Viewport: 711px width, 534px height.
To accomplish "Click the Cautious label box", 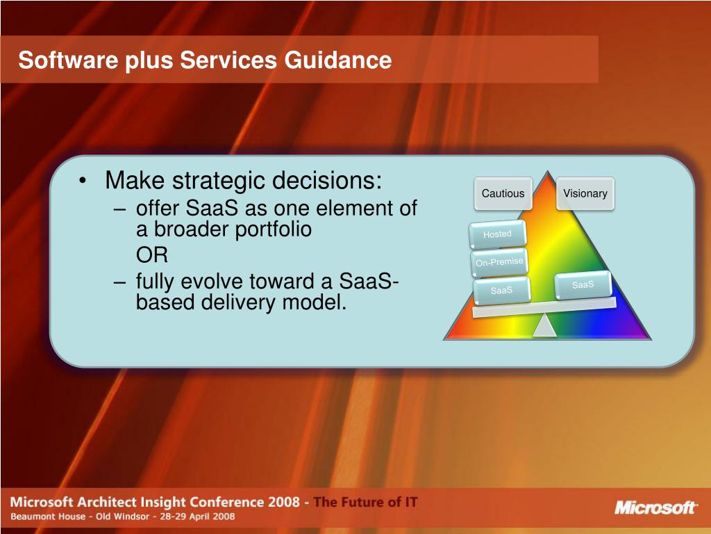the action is pyautogui.click(x=503, y=193).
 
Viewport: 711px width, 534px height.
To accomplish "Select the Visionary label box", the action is pyautogui.click(x=585, y=193).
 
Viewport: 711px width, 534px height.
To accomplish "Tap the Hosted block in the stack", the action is pyautogui.click(x=497, y=234).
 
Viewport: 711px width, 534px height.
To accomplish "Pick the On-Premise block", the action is pyautogui.click(x=499, y=262).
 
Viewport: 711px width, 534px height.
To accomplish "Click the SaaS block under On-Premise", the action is pyautogui.click(x=501, y=290).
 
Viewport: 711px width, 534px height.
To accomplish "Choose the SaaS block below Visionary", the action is pyautogui.click(x=583, y=284).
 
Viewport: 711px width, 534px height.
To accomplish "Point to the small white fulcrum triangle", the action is pyautogui.click(x=544, y=325).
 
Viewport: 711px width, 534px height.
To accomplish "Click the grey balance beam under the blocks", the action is pyautogui.click(x=544, y=308).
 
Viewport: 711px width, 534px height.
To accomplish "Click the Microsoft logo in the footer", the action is pyautogui.click(x=655, y=507).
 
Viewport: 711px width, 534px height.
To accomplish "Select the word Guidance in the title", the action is pyautogui.click(x=338, y=60).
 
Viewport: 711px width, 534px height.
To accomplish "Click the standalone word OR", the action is pyautogui.click(x=152, y=254).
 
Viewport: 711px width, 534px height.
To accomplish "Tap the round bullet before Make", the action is pyautogui.click(x=82, y=180).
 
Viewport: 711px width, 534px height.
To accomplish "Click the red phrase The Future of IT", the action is pyautogui.click(x=365, y=502).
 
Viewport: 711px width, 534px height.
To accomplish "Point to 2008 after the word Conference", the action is pyautogui.click(x=283, y=502).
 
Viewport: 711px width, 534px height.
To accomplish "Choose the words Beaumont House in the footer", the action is pyautogui.click(x=48, y=517).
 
